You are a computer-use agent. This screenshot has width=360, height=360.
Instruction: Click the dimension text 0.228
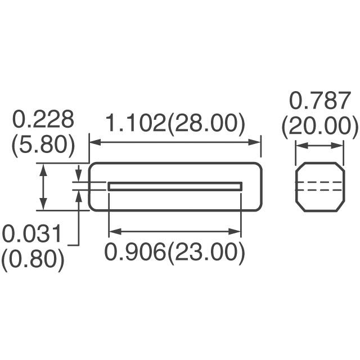tap(43, 120)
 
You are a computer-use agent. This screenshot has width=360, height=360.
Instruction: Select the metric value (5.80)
tap(43, 145)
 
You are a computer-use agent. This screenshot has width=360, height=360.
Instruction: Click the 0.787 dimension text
tap(319, 102)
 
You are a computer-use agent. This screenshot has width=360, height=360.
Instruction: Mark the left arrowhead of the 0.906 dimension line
tap(112, 231)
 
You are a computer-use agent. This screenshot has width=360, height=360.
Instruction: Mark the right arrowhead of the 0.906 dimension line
tap(237, 231)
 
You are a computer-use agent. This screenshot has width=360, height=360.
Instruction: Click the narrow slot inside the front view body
tap(174, 186)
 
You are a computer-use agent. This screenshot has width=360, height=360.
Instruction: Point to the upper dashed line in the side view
tap(319, 183)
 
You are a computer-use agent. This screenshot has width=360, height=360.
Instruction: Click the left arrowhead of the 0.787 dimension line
tap(299, 146)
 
